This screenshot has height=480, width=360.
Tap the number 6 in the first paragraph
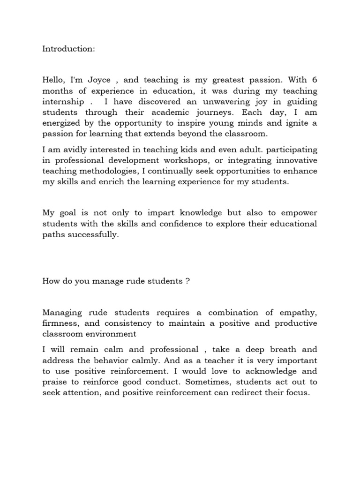[x=314, y=80]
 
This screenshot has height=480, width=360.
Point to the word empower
[x=299, y=213]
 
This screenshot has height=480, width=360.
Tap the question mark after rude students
[x=187, y=282]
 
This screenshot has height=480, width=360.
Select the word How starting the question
[x=50, y=282]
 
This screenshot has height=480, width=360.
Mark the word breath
[x=271, y=350]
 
